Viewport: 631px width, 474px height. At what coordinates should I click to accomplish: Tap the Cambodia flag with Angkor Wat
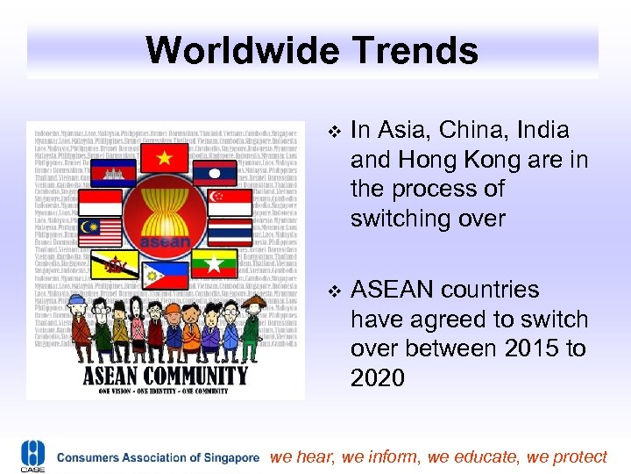[115, 174]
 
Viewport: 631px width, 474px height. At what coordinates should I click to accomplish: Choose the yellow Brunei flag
[116, 262]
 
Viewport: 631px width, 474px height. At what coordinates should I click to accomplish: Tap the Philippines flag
[167, 274]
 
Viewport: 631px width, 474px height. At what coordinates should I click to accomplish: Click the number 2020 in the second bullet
[378, 378]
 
